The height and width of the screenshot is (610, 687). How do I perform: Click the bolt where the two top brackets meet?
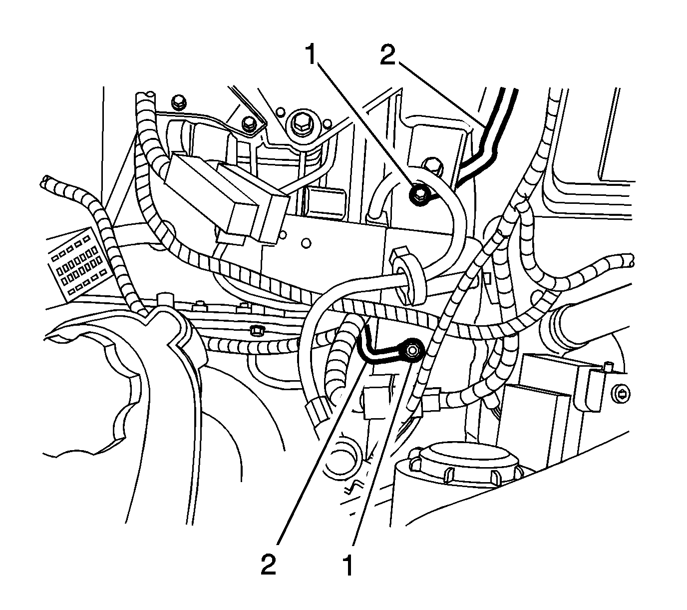[x=248, y=123]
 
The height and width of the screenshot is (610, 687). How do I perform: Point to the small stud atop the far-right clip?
[x=608, y=367]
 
